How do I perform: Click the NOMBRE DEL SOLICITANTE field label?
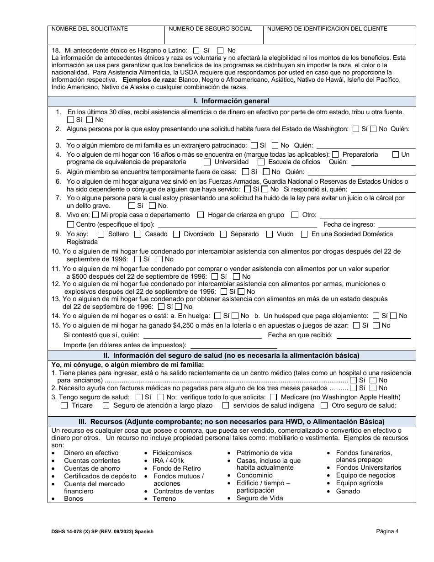click(x=90, y=29)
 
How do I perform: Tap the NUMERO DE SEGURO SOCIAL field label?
click(x=210, y=29)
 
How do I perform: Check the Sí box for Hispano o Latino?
click(x=196, y=51)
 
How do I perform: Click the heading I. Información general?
click(x=232, y=101)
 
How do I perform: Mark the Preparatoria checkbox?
click(x=336, y=155)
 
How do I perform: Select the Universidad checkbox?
click(x=207, y=162)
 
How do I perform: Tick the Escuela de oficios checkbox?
click(x=261, y=162)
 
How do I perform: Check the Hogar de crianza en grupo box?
click(x=201, y=215)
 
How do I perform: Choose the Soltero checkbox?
click(x=100, y=234)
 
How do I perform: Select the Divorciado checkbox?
click(x=176, y=234)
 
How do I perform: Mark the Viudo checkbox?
click(x=270, y=234)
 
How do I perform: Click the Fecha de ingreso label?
click(x=349, y=224)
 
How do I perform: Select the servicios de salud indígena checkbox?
click(x=226, y=406)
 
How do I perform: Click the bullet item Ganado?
click(x=348, y=491)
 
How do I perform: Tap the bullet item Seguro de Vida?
click(x=259, y=498)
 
